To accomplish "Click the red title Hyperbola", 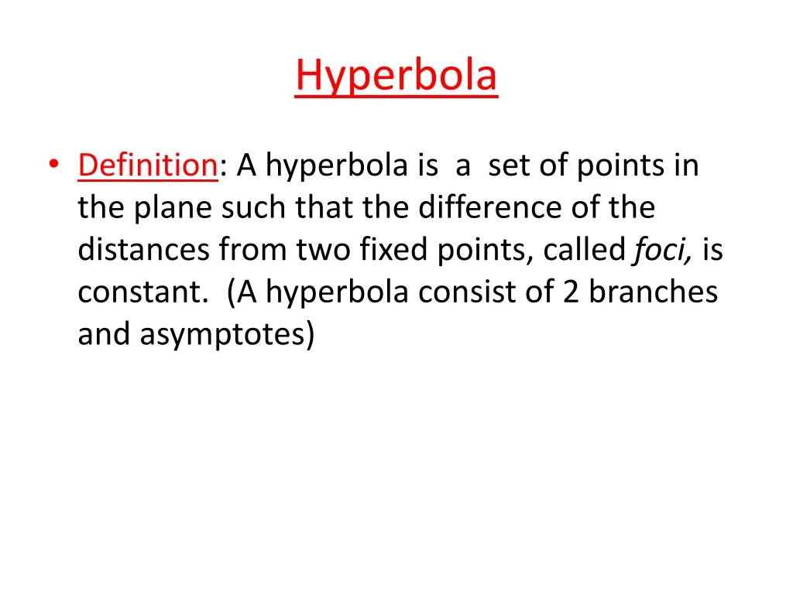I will (396, 76).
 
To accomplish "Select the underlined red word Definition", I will (147, 165).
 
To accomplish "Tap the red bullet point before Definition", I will (53, 166).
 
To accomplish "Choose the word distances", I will (144, 250).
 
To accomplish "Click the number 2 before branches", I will (572, 292).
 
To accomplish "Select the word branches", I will (653, 292).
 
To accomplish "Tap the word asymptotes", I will (228, 335).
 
